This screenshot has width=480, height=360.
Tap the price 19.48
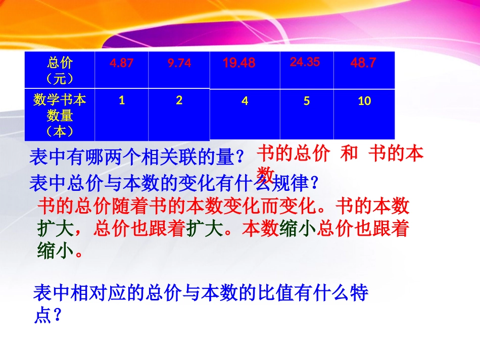click(x=239, y=63)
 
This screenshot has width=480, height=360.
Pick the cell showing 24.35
click(x=305, y=62)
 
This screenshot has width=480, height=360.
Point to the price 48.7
click(x=363, y=63)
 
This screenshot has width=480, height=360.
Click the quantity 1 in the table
click(x=122, y=100)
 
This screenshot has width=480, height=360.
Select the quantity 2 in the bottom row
click(x=179, y=100)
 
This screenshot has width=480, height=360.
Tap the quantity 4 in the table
click(x=245, y=101)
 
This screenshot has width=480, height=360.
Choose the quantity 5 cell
click(x=307, y=101)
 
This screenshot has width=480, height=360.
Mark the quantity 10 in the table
click(x=364, y=101)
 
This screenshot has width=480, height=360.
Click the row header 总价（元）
click(x=60, y=71)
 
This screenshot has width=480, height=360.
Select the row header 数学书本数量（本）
click(x=60, y=115)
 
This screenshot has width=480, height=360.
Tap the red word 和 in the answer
click(x=349, y=154)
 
